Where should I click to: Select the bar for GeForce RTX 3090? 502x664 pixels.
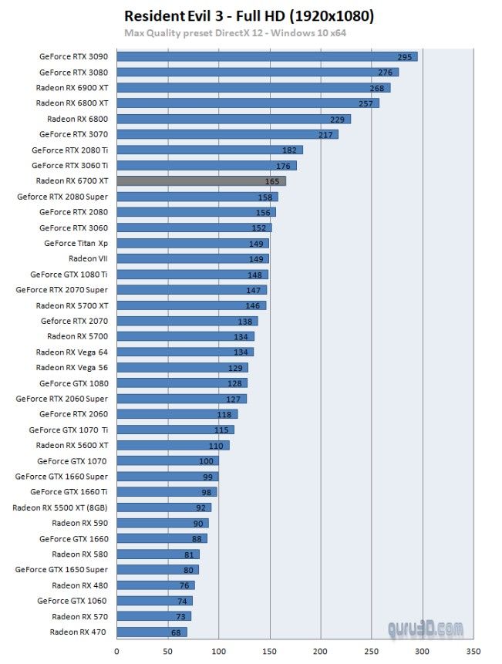(267, 56)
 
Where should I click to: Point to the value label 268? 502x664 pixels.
(376, 88)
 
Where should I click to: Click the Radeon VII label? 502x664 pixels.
(88, 258)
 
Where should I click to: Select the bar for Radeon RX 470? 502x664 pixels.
(151, 632)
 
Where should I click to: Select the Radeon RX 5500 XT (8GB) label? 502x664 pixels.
(60, 507)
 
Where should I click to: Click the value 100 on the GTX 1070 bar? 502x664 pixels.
(206, 461)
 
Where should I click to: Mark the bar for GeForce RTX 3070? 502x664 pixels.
(227, 134)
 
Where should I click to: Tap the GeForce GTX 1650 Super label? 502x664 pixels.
(62, 569)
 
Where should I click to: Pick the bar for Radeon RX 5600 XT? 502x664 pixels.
(173, 445)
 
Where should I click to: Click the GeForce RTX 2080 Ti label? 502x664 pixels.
(70, 150)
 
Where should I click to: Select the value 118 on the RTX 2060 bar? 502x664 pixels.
(224, 414)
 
